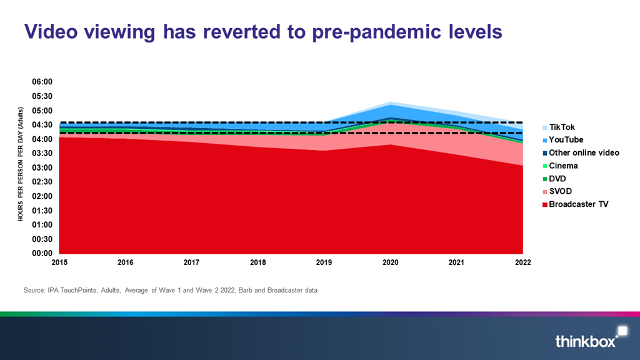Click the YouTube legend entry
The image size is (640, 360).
click(565, 140)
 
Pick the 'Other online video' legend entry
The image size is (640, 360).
click(583, 152)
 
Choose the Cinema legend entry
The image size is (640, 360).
click(562, 166)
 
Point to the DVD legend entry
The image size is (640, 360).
click(558, 178)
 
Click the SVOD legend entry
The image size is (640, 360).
click(561, 191)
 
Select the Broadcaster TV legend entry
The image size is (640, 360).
click(577, 204)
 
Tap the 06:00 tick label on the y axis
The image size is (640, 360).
click(42, 82)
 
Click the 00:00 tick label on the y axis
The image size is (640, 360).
click(42, 254)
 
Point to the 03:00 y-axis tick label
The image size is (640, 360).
click(42, 168)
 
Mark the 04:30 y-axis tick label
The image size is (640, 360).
click(42, 125)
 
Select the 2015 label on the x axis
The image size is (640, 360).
click(59, 263)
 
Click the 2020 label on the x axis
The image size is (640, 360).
click(390, 263)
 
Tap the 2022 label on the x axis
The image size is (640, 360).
click(522, 263)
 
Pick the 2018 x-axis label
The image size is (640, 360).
click(257, 263)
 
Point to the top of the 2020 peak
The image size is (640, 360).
click(390, 102)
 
